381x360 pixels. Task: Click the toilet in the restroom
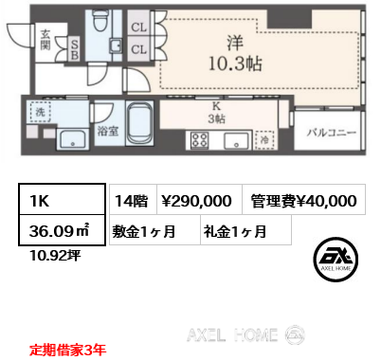[x=100, y=20]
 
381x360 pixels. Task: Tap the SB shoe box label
[x=74, y=50]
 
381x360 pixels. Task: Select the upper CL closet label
[x=138, y=27]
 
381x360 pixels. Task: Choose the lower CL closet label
[x=138, y=49]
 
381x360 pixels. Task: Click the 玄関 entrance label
[x=45, y=40]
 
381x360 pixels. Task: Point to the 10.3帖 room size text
[x=235, y=63]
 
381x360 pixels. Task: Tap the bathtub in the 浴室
[x=139, y=123]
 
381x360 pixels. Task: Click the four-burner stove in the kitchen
[x=200, y=140]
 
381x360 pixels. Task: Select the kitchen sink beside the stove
[x=236, y=140]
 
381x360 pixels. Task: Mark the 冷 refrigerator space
[x=264, y=139]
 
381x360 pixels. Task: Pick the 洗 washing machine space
[x=40, y=112]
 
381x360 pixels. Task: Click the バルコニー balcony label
[x=332, y=133]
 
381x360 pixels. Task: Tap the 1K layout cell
[x=62, y=200]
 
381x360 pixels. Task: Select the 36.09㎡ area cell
[x=62, y=230]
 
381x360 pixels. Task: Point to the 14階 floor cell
[x=133, y=200]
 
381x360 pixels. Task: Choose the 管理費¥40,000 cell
[x=304, y=200]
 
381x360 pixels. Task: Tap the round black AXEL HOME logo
[x=336, y=260]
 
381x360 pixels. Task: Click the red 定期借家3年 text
[x=67, y=350]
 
